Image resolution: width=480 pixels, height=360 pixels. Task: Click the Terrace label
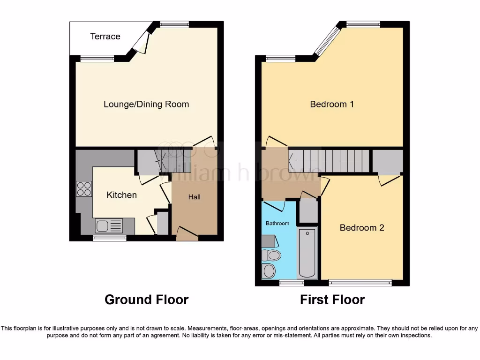[x=105, y=36]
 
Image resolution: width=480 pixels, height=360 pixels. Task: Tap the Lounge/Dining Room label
[x=146, y=104]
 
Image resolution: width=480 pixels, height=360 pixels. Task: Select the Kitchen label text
[x=122, y=195]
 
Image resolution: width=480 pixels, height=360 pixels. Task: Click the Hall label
[x=195, y=197]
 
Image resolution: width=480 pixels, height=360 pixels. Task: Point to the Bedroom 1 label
[x=332, y=104]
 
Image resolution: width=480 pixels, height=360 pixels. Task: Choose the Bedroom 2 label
[x=362, y=228]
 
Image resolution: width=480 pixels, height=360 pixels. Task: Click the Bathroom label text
[x=277, y=223]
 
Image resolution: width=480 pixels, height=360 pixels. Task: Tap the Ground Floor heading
[x=146, y=300]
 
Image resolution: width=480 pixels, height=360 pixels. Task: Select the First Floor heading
[x=332, y=300]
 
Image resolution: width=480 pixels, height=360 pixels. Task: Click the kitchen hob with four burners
[x=84, y=188]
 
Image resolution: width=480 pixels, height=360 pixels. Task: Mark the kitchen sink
[x=109, y=226]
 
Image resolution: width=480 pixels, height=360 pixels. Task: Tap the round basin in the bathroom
[x=269, y=271]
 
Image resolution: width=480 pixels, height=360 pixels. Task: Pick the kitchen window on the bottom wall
[x=109, y=238]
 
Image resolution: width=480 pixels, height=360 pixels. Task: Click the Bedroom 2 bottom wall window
[x=360, y=283]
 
